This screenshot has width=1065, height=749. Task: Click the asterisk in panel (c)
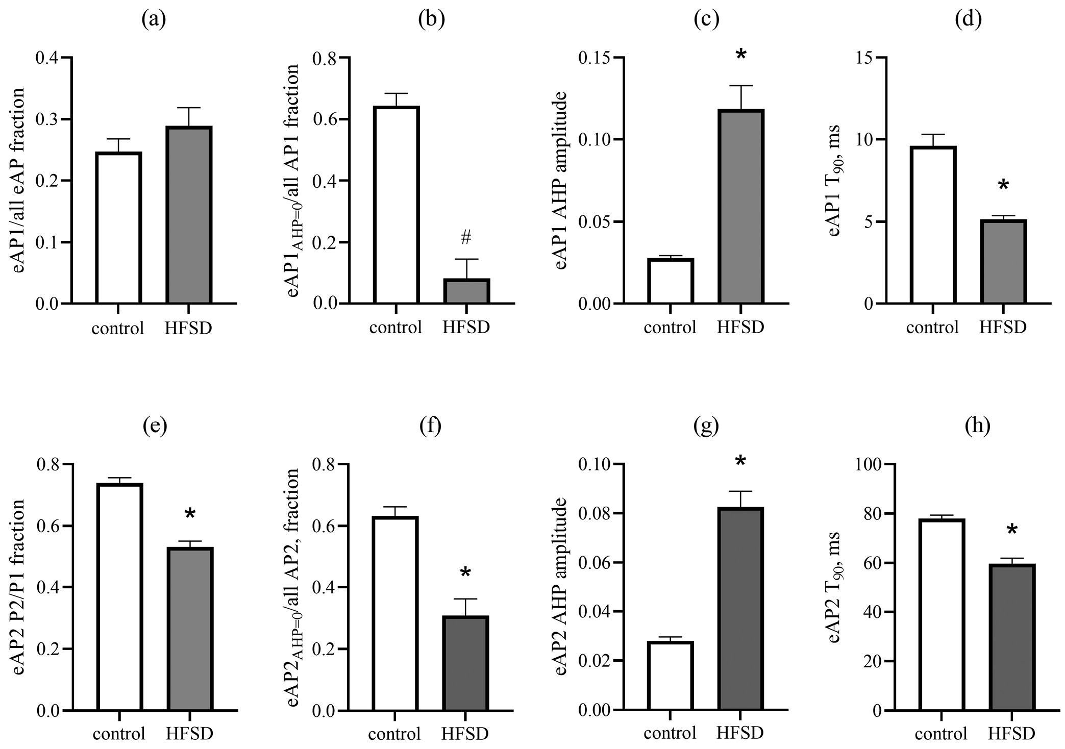tap(741, 55)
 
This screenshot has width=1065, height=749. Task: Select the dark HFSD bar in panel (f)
tap(465, 663)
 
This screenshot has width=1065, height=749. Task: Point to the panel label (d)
tap(968, 19)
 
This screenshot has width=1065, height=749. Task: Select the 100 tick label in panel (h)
tap(874, 464)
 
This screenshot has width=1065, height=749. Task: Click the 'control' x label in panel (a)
tap(118, 328)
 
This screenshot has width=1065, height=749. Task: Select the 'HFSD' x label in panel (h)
tap(1012, 734)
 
